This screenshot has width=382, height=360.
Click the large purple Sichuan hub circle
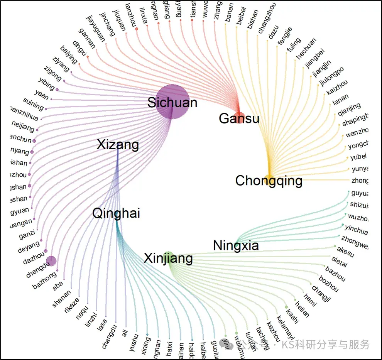click(x=172, y=102)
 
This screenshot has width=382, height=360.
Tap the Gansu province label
click(x=239, y=118)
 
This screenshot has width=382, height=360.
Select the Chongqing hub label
click(x=269, y=181)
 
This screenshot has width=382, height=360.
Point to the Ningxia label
click(x=236, y=245)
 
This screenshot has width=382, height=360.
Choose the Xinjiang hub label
click(x=168, y=258)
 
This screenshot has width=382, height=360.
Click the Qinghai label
click(x=116, y=213)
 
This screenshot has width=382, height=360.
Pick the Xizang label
click(x=118, y=145)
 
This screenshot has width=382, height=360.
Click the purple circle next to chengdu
click(x=51, y=261)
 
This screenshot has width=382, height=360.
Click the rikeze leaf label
click(x=72, y=304)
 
